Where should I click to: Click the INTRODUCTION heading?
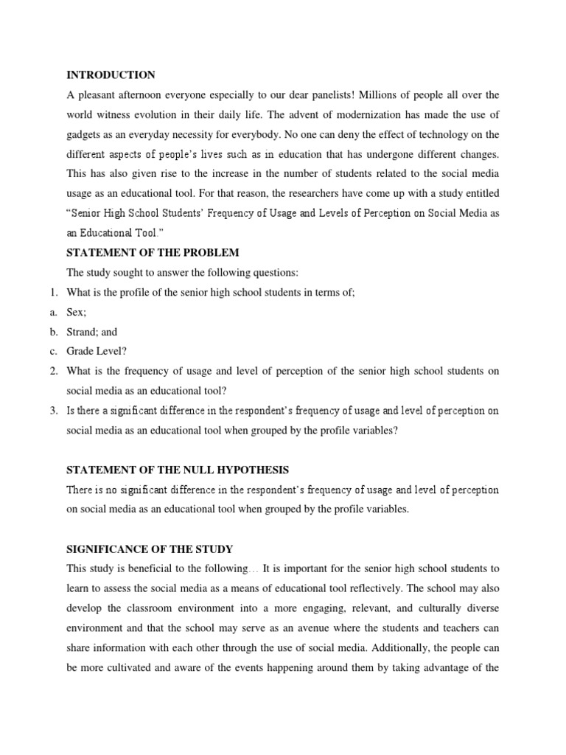pos(111,74)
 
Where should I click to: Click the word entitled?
pos(480,193)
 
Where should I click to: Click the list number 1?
pos(44,293)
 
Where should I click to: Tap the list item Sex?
pos(77,313)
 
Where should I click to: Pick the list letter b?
pos(45,332)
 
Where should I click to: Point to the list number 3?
pos(44,411)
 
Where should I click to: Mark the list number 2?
pos(44,371)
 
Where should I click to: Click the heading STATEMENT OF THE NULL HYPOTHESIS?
pos(178,470)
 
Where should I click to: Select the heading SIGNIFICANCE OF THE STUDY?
pos(150,549)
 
